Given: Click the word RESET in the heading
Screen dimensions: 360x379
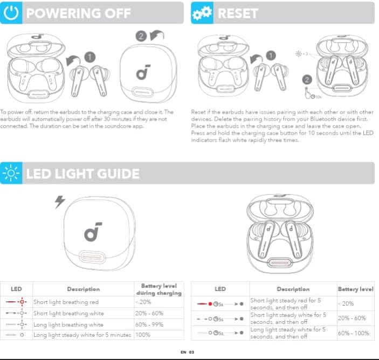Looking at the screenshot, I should click(x=238, y=12).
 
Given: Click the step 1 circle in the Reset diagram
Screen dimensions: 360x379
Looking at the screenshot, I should click(x=271, y=54).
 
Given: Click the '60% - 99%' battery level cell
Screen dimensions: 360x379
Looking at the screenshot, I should click(x=150, y=324).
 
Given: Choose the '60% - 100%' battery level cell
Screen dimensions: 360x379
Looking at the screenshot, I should click(x=354, y=333).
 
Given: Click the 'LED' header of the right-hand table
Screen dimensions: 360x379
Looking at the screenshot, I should click(x=220, y=289).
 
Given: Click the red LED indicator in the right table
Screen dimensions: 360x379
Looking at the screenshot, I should click(x=210, y=304).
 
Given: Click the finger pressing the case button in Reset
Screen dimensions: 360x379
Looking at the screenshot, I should click(x=308, y=92).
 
